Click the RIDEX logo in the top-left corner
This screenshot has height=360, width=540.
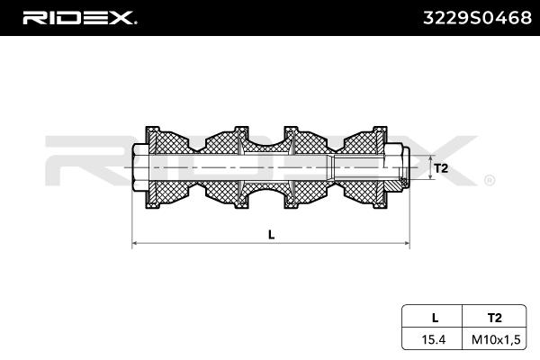tap(79, 17)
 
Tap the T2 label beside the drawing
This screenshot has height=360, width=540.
tap(441, 168)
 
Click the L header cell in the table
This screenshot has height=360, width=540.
tap(435, 317)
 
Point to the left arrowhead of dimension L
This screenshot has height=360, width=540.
tap(135, 244)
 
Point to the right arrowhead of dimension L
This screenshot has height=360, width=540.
tap(408, 244)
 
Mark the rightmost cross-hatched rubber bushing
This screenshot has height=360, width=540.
tap(369, 168)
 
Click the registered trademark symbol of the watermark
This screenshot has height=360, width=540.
tap(490, 180)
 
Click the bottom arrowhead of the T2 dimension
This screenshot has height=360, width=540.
tap(429, 179)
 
